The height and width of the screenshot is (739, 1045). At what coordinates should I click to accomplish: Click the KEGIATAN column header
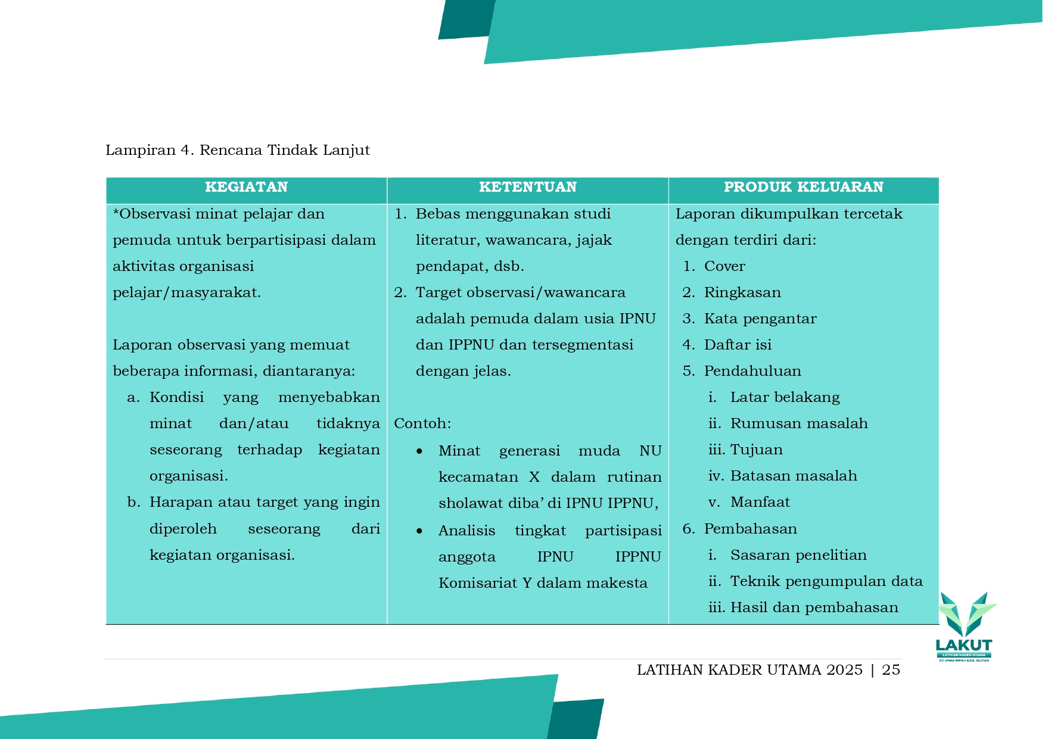(246, 187)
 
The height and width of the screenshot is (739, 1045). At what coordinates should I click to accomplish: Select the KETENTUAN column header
(527, 187)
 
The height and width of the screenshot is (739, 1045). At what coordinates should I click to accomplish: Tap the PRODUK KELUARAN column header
(803, 187)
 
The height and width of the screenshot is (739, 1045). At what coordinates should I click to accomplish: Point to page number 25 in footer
(891, 670)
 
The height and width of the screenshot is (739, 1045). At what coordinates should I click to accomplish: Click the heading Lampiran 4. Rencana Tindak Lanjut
(237, 150)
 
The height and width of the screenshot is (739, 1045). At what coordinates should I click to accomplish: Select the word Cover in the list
(724, 266)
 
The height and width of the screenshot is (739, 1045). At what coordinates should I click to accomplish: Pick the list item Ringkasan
(742, 292)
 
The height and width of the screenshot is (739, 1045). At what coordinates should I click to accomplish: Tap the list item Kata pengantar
(760, 319)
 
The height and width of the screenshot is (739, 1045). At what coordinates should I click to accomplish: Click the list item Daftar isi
(738, 345)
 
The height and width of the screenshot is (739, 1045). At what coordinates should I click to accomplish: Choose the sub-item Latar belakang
(785, 397)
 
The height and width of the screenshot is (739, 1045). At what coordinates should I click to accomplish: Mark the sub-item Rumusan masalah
(799, 423)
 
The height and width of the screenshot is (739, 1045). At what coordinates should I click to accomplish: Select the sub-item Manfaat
(760, 502)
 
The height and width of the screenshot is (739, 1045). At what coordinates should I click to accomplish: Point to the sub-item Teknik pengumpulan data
(826, 581)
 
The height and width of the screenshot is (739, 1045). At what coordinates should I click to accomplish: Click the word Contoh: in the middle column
(422, 423)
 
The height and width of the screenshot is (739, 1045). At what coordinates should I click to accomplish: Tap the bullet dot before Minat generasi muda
(419, 451)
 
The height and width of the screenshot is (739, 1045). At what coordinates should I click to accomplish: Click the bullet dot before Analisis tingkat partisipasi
(419, 531)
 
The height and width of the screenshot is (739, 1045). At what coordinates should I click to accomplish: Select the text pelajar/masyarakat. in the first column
(186, 292)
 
